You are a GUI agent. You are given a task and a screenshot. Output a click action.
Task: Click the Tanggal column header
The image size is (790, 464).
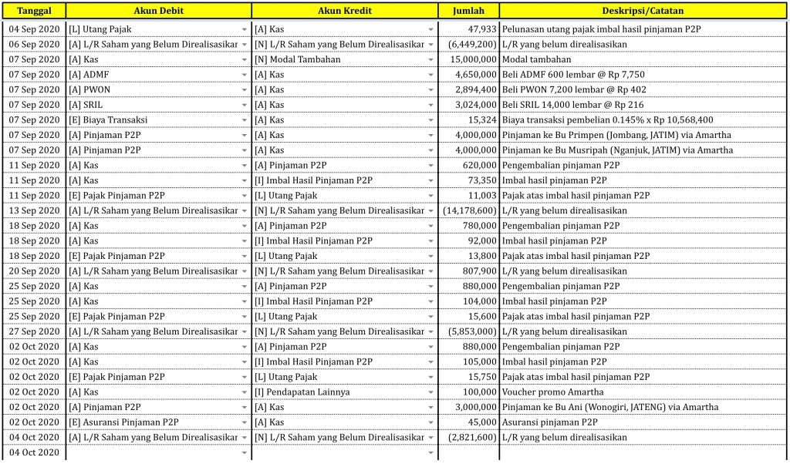[33, 11]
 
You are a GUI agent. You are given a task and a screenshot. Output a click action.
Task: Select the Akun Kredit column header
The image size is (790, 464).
[344, 11]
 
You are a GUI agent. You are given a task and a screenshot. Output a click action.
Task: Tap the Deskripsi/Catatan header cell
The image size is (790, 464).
[643, 11]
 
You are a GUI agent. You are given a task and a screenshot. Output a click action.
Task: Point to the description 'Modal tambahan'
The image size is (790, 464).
[536, 59]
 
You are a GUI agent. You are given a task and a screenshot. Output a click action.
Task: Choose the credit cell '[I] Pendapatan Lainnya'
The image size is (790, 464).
[302, 392]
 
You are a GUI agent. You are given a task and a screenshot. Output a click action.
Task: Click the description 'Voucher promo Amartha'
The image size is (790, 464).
[549, 392]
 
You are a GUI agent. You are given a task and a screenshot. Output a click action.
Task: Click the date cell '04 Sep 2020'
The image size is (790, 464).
[33, 29]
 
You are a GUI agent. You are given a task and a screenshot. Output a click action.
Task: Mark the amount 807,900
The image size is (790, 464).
[479, 271]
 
